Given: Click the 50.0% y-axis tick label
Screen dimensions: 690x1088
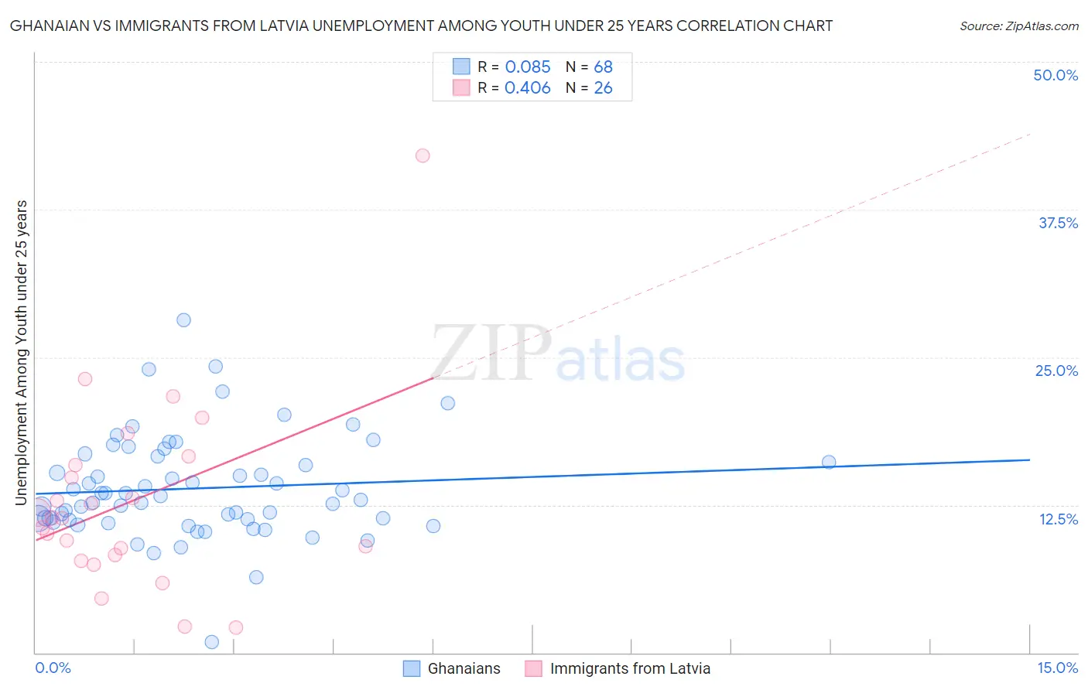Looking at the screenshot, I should coord(1055,75).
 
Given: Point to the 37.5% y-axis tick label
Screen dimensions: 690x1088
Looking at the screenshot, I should coord(1058,223).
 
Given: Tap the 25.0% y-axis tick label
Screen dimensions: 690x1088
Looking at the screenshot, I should coord(1056,371).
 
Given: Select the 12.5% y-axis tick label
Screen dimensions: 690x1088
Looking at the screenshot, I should coord(1058,519).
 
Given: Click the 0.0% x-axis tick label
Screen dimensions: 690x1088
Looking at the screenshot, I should coord(53,668).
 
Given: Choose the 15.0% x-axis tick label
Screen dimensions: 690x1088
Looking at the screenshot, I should coord(1057,668).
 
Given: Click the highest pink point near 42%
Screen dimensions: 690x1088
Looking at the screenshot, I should coord(423,155).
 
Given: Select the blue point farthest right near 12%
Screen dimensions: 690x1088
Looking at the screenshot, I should coord(829,462).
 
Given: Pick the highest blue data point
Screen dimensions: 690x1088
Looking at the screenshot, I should coord(183,320).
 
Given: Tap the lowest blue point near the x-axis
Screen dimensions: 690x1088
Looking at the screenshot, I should coord(212,642).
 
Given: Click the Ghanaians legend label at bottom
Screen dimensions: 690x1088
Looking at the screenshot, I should coord(464,668).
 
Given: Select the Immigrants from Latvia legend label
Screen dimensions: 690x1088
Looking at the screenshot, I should coord(630,668).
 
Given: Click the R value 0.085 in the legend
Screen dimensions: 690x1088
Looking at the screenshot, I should coord(528,67).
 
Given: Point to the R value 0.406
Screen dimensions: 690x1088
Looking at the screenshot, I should coord(528,88).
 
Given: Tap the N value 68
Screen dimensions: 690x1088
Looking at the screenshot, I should coord(603,67).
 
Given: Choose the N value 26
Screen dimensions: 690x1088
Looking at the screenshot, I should coord(603,88).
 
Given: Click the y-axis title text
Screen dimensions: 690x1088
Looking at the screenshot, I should coord(22,353).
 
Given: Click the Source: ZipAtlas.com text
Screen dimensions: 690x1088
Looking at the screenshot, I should coord(1018,26).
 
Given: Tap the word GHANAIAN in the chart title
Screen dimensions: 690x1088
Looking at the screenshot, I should coord(47,26).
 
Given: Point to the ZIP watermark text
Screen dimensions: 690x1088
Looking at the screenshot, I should coord(491,354).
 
